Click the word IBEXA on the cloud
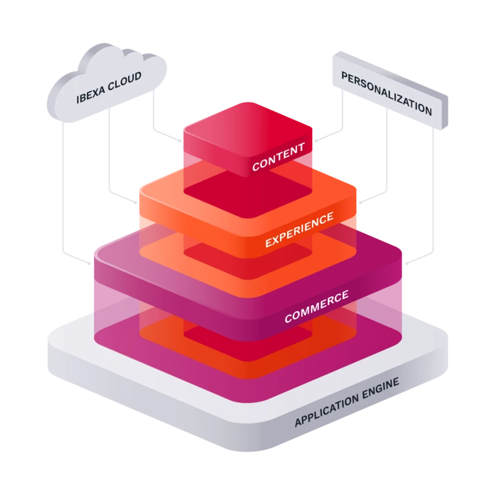click(x=91, y=94)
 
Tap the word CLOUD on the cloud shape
click(x=124, y=81)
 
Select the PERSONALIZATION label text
click(x=387, y=93)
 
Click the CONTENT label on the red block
click(x=278, y=156)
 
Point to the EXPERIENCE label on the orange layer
click(x=299, y=229)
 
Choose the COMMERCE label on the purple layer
click(x=316, y=306)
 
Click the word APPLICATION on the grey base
click(x=326, y=410)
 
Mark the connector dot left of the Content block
click(x=180, y=141)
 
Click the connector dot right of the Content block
click(x=316, y=141)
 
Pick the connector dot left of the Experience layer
click(x=136, y=202)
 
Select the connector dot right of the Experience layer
click(x=360, y=202)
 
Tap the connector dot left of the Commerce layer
click(x=90, y=263)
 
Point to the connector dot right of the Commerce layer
click(x=407, y=263)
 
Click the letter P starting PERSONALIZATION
click(x=344, y=77)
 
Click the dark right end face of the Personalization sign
click(x=444, y=112)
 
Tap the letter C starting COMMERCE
click(x=288, y=318)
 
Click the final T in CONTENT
click(x=301, y=147)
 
